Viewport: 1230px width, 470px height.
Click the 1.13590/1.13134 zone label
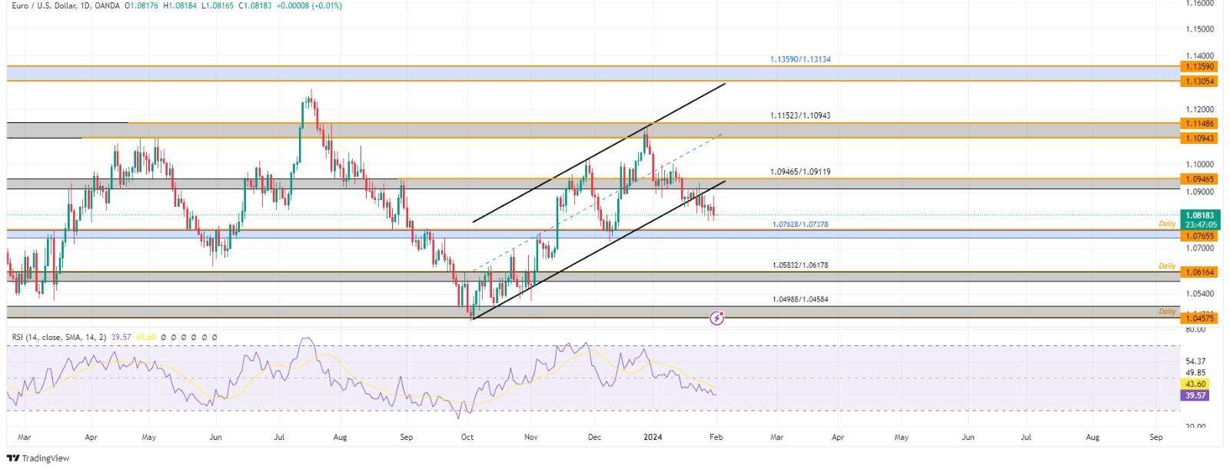pos(799,59)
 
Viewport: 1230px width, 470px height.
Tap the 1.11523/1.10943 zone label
pos(799,115)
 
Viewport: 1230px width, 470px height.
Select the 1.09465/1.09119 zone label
pos(799,172)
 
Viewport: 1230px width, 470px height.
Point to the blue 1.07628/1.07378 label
pos(799,225)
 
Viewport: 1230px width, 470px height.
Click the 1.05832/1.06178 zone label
pos(799,265)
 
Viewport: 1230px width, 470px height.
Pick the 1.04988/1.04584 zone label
pos(799,299)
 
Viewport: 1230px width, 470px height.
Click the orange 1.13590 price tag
pos(1199,67)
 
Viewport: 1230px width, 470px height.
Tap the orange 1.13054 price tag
pos(1199,82)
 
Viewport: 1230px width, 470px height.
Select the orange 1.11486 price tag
pos(1199,124)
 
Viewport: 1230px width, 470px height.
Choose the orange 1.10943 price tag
pos(1199,138)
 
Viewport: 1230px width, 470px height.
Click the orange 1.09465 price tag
pos(1199,179)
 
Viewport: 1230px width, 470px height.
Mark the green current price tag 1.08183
pos(1199,216)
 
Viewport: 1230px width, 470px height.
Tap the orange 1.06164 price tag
pos(1199,272)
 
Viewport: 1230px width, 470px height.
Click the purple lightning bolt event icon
pos(716,317)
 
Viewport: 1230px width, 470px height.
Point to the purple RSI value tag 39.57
pos(1196,395)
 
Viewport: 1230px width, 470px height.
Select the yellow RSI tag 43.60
pos(1196,385)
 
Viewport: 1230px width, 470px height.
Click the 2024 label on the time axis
pos(652,437)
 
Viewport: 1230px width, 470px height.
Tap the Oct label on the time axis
pos(467,437)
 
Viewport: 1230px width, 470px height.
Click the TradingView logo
pos(38,458)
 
